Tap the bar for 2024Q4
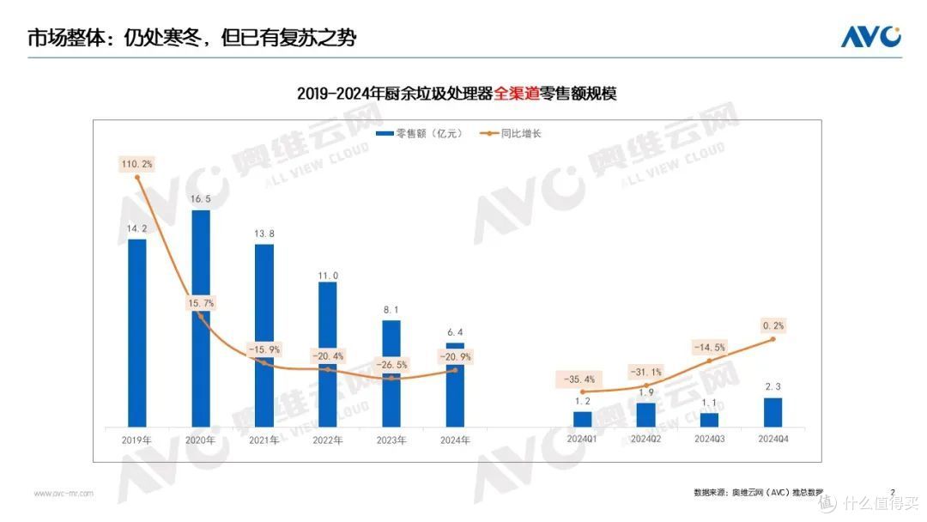pyautogui.click(x=772, y=412)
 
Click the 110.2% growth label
pyautogui.click(x=137, y=163)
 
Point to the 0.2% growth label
pyautogui.click(x=773, y=325)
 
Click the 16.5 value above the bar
pyautogui.click(x=201, y=198)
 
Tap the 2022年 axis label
pyautogui.click(x=328, y=440)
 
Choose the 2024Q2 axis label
pyautogui.click(x=645, y=440)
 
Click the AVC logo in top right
pyautogui.click(x=869, y=37)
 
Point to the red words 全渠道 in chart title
pyautogui.click(x=515, y=94)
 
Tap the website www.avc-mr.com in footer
pyautogui.click(x=64, y=493)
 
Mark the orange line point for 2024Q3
pyautogui.click(x=710, y=361)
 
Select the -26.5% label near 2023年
pyautogui.click(x=391, y=365)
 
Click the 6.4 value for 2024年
pyautogui.click(x=455, y=331)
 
